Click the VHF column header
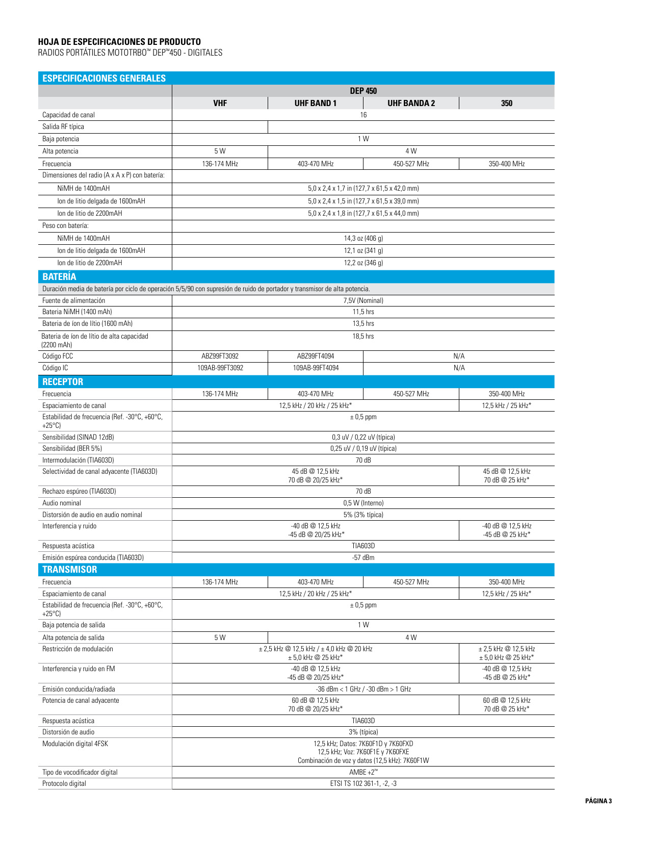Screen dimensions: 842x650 220,103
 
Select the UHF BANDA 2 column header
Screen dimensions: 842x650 411,103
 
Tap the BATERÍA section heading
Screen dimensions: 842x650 59,277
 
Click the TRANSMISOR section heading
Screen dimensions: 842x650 69,570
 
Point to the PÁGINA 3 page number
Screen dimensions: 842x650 598,801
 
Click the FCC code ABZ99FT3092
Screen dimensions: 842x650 220,356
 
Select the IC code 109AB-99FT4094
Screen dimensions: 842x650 316,368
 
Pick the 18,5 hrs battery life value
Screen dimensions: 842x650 363,336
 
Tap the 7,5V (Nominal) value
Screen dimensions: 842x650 363,300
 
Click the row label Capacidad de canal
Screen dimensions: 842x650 68,115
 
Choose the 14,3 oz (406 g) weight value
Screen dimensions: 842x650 363,238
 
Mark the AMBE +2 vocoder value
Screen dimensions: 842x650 363,772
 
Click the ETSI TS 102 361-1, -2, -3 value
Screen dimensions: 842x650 363,783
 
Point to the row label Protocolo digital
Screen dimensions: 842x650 64,783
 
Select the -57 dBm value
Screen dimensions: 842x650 363,557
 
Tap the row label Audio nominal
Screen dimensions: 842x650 62,503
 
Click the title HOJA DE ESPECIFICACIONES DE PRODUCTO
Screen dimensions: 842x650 119,42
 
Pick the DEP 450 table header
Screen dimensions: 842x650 363,91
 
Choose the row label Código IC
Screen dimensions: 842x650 55,368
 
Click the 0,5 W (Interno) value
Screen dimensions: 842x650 363,503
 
